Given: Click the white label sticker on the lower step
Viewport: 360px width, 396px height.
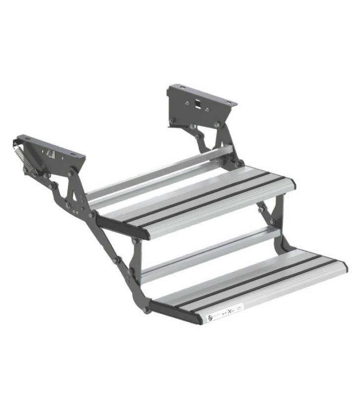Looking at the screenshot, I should click(225, 312).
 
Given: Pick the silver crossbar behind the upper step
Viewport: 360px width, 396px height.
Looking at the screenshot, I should click(163, 171).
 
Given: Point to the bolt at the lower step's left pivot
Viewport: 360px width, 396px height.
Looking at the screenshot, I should click(146, 309).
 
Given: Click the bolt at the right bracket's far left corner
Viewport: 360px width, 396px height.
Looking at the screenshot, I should click(172, 121).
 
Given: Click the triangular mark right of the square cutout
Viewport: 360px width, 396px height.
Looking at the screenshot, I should click(208, 108).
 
